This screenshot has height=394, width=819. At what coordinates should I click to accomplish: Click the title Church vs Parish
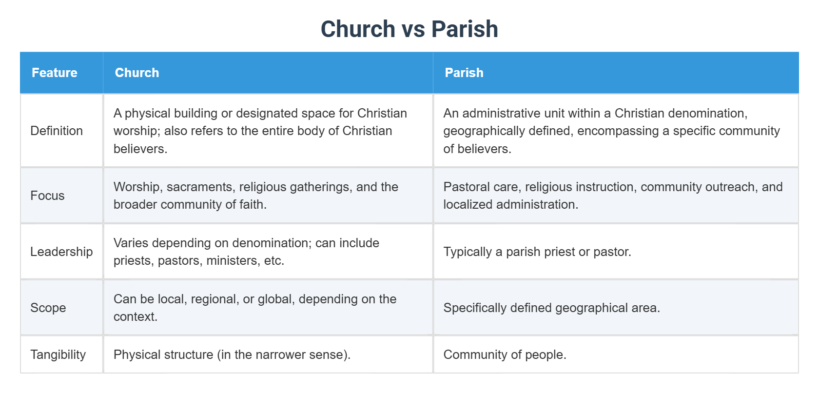(x=409, y=29)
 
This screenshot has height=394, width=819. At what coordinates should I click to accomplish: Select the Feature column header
(x=55, y=73)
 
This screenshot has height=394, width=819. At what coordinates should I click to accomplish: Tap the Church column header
(x=136, y=73)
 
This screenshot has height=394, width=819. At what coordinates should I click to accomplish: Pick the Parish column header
(x=464, y=73)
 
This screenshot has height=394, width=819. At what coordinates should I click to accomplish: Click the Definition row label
(x=57, y=131)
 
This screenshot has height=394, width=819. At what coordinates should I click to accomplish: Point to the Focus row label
(x=47, y=196)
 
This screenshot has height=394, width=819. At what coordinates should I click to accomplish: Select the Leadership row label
(x=61, y=252)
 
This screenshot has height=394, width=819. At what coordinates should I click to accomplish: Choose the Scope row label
(x=48, y=308)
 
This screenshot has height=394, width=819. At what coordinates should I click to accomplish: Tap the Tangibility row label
(x=58, y=355)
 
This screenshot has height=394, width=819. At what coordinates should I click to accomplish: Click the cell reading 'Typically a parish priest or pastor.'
(x=537, y=252)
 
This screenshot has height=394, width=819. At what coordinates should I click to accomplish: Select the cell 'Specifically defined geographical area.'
(x=552, y=308)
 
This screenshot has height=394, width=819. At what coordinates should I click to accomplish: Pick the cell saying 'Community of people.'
(x=505, y=355)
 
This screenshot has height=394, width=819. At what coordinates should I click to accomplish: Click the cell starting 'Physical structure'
(x=232, y=355)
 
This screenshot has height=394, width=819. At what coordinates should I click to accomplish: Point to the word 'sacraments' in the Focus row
(x=200, y=187)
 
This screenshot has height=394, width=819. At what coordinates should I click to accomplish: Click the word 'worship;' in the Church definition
(x=136, y=131)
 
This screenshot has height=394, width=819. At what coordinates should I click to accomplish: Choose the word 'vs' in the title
(x=413, y=29)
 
